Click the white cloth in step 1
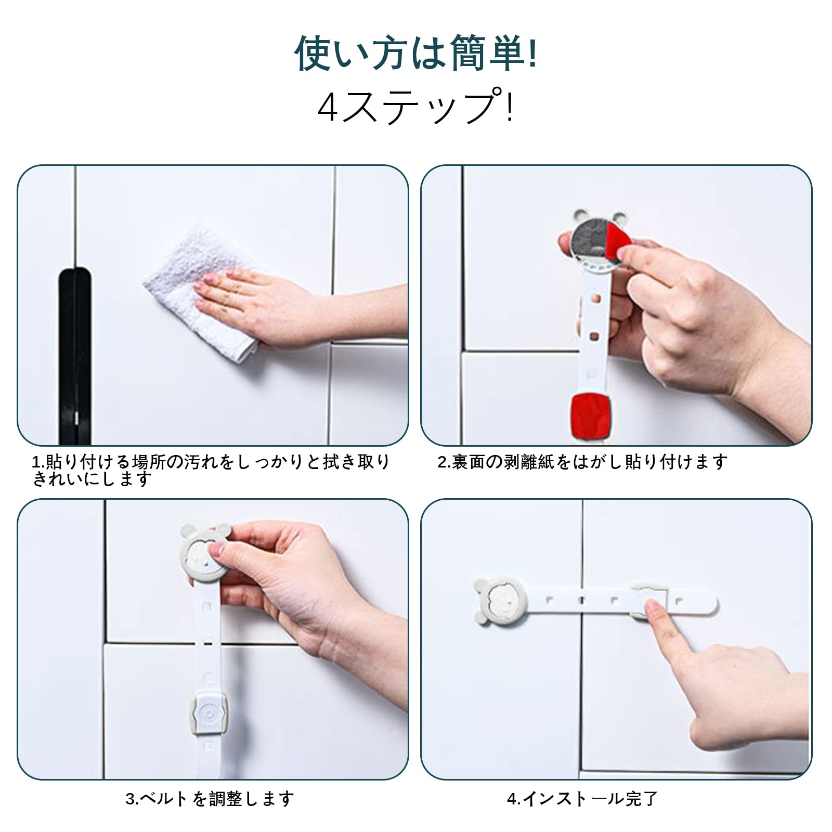point(200,291)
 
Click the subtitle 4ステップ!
point(416,106)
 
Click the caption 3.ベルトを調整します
point(210,798)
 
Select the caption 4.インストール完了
point(582,798)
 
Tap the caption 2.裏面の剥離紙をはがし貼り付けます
point(582,461)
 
